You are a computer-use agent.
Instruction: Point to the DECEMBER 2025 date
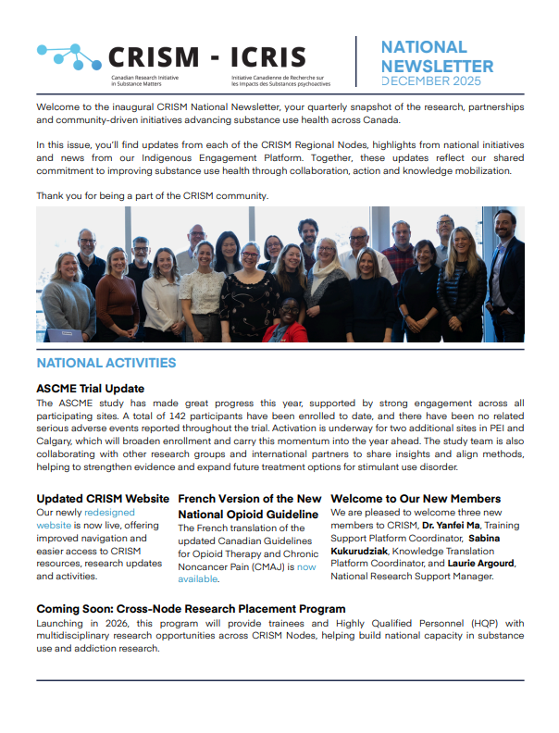tap(437, 81)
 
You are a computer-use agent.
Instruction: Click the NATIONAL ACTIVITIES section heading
tap(106, 363)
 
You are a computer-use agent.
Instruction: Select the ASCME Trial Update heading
tap(90, 389)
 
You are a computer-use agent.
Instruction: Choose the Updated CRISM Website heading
tap(103, 499)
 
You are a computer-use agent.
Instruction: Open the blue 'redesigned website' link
tap(109, 512)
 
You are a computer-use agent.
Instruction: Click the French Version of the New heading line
tap(249, 499)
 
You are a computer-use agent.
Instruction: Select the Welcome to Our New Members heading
tap(416, 499)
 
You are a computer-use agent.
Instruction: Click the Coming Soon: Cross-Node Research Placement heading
tap(191, 609)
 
